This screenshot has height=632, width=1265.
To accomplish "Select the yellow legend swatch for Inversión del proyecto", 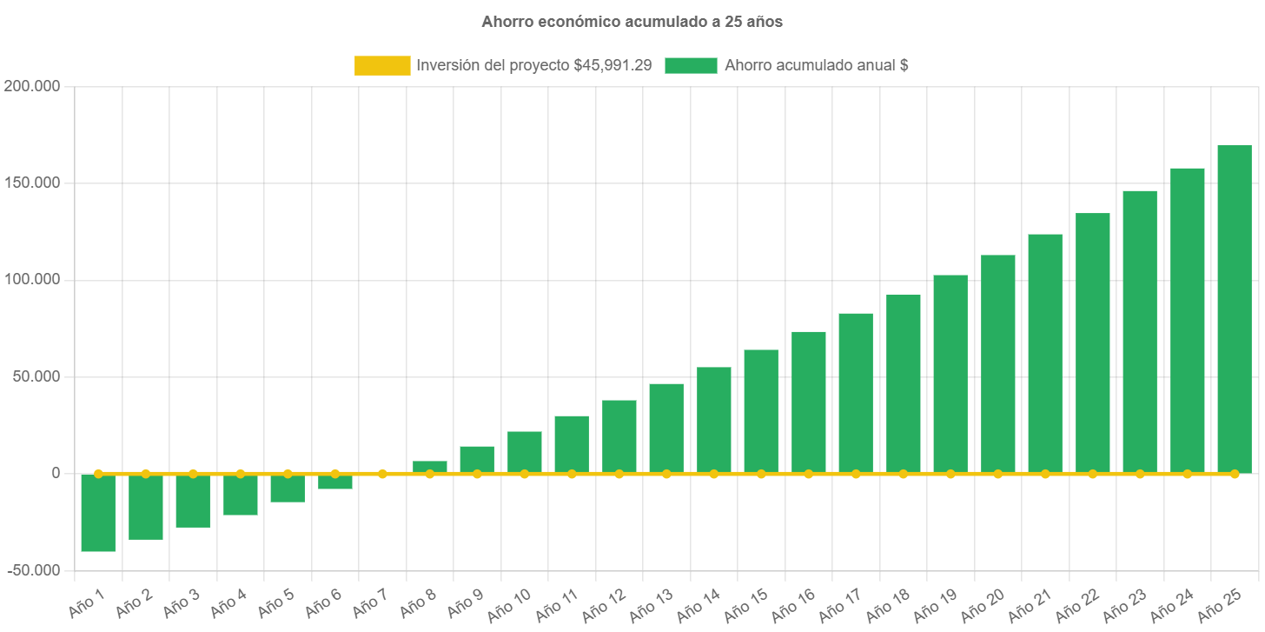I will [x=382, y=65].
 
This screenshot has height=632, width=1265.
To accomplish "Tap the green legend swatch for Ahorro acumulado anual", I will [x=691, y=65].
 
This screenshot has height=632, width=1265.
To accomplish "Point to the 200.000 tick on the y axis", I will [x=31, y=86].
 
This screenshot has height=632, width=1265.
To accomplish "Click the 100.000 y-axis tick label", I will [x=31, y=280].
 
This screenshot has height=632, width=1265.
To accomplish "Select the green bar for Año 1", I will [x=98, y=513].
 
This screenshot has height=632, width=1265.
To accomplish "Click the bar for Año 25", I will [x=1234, y=309].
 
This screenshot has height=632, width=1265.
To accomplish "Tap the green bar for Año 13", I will [x=666, y=428].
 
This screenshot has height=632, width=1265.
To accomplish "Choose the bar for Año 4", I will [x=241, y=495].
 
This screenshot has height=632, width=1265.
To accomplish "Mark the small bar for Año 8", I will [x=430, y=466].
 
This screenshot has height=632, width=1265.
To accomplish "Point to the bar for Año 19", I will [x=950, y=374].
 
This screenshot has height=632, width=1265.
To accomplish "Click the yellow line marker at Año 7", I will [x=382, y=474].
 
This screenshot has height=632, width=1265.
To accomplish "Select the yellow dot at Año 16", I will [x=808, y=474].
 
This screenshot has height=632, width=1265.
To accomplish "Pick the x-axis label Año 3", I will [x=182, y=602].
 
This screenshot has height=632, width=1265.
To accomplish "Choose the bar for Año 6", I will [x=335, y=482].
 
